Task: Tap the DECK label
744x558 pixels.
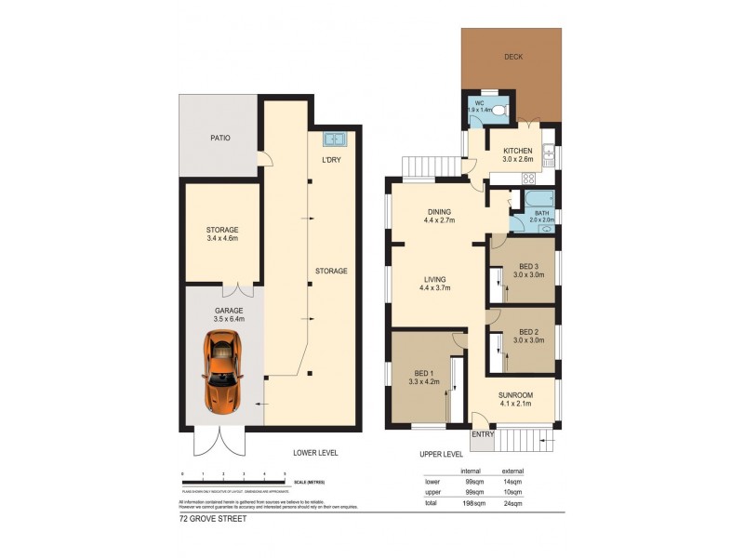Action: (x=513, y=57)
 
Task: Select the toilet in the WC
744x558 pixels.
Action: (x=498, y=112)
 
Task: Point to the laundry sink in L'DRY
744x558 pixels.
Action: (x=334, y=140)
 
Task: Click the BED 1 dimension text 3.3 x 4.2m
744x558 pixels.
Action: (x=424, y=380)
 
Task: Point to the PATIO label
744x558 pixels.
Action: (x=220, y=139)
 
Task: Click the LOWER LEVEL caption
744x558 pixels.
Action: (x=315, y=453)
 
